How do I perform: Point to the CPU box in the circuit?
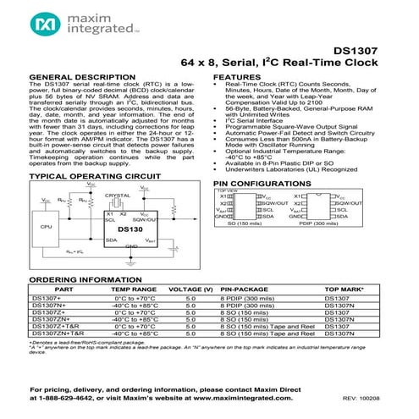pyautogui.click(x=47, y=227)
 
